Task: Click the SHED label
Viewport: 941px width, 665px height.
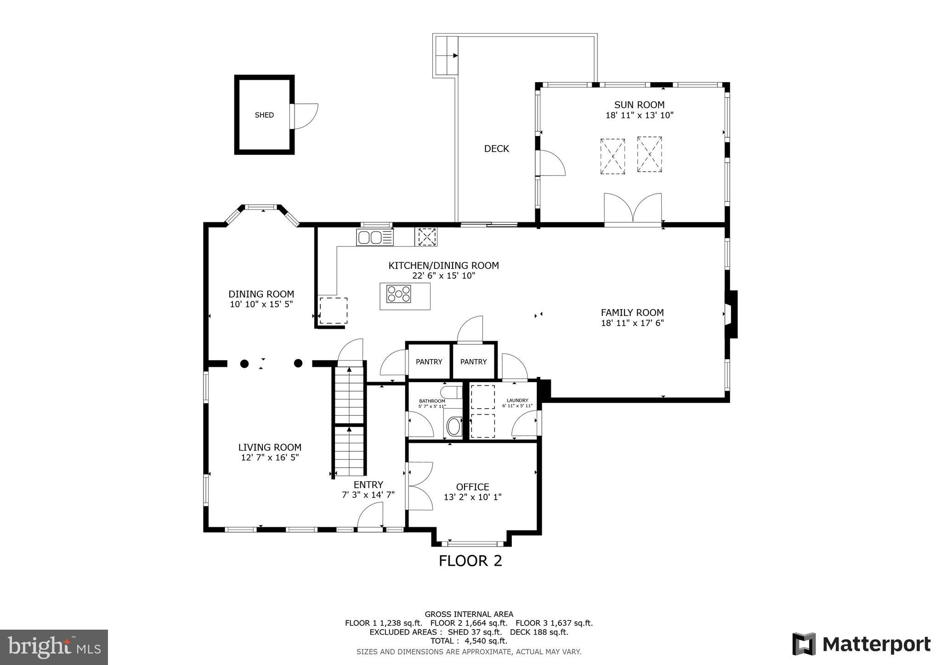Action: [264, 115]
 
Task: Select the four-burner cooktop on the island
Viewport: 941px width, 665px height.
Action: [398, 294]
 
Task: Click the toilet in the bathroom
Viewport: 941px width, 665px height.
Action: [454, 426]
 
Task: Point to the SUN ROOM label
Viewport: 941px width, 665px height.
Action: [639, 105]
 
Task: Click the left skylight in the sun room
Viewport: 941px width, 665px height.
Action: [612, 156]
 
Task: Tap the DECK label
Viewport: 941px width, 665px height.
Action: [496, 149]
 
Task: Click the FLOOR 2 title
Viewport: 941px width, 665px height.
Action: [470, 561]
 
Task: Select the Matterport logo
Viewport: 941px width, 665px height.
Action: [861, 644]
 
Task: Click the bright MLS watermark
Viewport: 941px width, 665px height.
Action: [54, 647]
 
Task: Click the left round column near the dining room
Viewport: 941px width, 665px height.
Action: [244, 364]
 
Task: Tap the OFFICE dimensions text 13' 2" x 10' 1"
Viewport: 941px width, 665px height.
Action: [472, 497]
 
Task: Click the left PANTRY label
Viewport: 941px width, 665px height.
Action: [429, 362]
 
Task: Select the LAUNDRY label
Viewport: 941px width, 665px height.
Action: [517, 400]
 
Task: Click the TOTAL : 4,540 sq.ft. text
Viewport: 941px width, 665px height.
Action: [469, 641]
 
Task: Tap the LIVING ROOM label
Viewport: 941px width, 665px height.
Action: [270, 447]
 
